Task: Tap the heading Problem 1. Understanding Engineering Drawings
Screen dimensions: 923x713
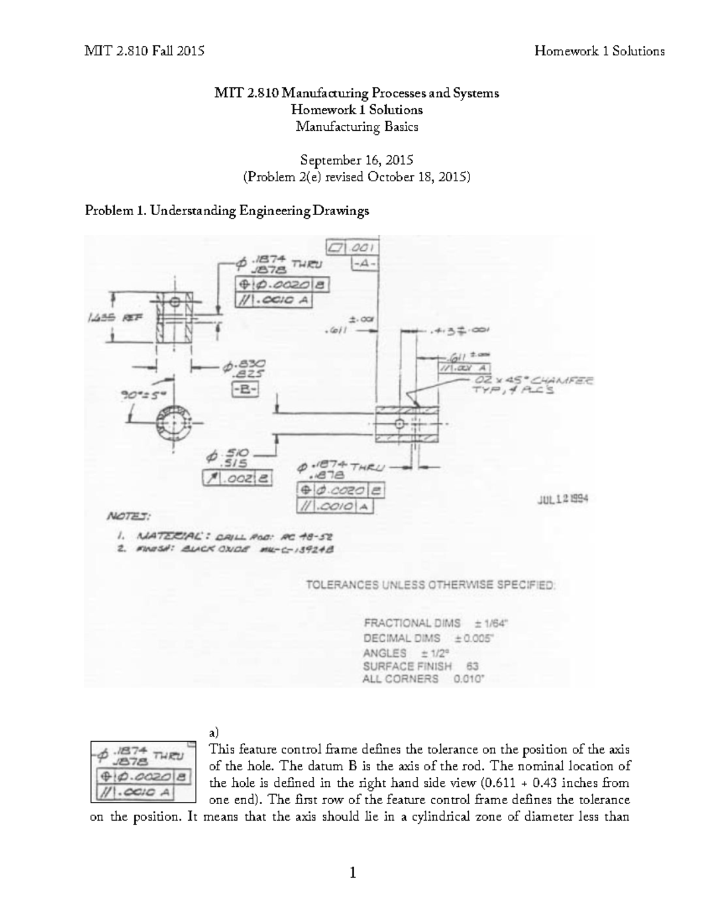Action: [x=227, y=210]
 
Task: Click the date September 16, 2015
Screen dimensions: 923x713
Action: [x=356, y=160]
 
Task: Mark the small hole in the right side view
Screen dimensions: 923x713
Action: [x=399, y=424]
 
